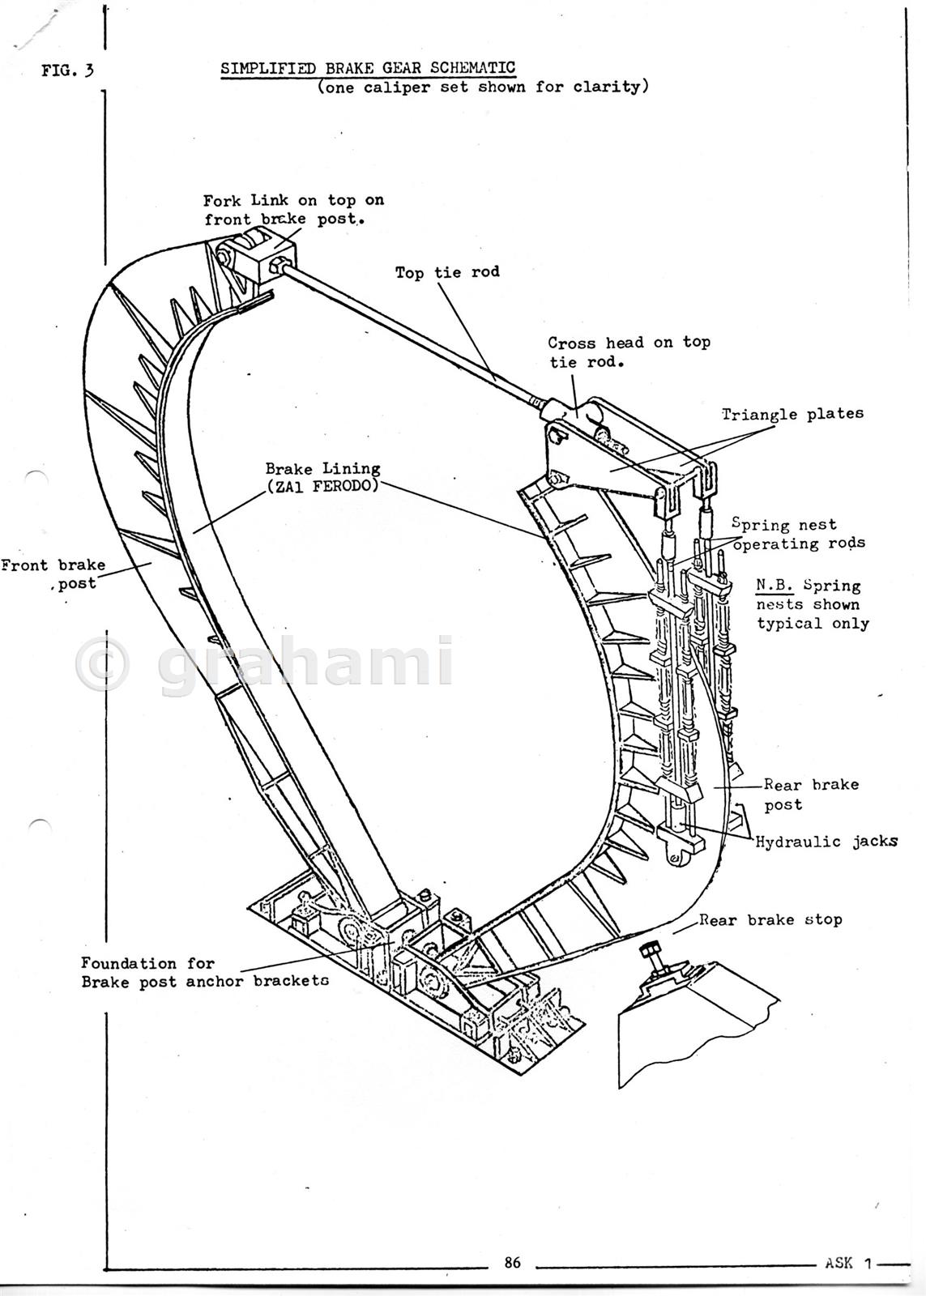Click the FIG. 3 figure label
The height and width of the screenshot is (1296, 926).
coord(67,70)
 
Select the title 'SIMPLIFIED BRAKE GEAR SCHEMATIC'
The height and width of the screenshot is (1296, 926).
coord(368,68)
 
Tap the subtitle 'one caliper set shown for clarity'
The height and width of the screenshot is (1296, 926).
coord(483,87)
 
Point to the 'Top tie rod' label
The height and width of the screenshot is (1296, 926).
coord(447,272)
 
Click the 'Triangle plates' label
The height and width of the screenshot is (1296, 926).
coord(792,414)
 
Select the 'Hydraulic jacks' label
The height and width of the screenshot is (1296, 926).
coord(827,842)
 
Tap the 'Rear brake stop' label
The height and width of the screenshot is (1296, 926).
coord(770,920)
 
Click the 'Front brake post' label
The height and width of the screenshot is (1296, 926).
coord(53,574)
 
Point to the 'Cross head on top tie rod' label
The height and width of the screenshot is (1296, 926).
coord(629,352)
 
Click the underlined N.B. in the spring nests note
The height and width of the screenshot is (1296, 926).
coord(775,586)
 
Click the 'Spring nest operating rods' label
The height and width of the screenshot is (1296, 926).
coord(799,534)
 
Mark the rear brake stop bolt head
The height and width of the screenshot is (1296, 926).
coord(648,949)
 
